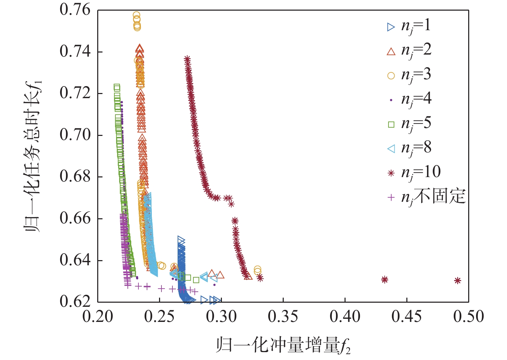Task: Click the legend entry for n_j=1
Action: pos(409,26)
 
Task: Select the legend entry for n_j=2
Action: pos(409,51)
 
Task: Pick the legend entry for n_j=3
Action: pos(409,75)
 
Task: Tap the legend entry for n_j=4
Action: pos(409,100)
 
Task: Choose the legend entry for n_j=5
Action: pos(409,124)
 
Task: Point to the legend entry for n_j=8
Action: pos(409,148)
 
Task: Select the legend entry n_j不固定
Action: pos(426,197)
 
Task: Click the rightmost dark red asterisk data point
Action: pos(457,281)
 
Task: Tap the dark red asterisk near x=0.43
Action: pos(385,280)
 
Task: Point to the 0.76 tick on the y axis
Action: pos(75,10)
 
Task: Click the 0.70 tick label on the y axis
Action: pos(75,135)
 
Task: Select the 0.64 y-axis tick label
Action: pos(75,260)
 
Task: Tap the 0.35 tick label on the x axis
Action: pos(283,316)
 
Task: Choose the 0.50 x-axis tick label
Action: pos(469,316)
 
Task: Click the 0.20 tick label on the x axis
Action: pos(98,316)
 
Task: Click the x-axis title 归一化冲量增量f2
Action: pos(283,345)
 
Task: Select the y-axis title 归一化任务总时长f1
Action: pos(33,156)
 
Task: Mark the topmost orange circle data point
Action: pos(136,15)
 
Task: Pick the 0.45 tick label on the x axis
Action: pos(407,316)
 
